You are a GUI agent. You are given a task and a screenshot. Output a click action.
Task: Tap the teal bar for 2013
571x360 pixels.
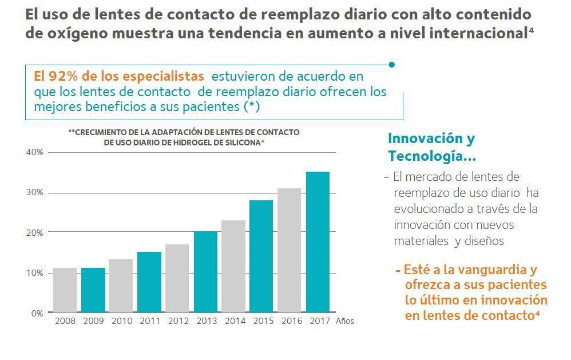(x=205, y=272)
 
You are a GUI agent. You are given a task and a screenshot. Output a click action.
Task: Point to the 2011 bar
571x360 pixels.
(x=149, y=282)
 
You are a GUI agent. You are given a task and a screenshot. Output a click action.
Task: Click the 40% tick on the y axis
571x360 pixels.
(x=34, y=152)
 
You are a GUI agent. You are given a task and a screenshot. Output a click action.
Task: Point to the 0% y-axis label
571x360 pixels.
(x=37, y=314)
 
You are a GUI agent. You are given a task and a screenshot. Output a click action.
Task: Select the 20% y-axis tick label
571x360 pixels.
(x=34, y=233)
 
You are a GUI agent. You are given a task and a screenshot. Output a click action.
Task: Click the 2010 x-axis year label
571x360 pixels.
(x=121, y=321)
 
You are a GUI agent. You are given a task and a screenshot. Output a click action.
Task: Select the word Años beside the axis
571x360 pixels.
(x=345, y=321)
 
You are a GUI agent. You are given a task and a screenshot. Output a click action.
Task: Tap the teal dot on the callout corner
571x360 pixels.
(x=392, y=65)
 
